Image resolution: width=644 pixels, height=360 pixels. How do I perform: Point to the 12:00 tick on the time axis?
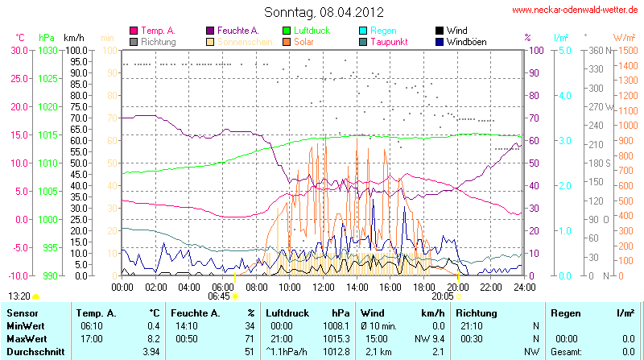point(324,286)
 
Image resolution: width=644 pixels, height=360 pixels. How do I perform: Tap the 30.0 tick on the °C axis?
point(19,50)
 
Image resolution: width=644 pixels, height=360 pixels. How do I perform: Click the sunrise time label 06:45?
point(218,296)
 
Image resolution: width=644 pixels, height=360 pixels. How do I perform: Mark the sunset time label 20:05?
point(441,296)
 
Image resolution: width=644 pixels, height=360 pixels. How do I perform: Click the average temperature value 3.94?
point(151,352)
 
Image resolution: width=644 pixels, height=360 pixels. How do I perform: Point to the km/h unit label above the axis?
point(73,38)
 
